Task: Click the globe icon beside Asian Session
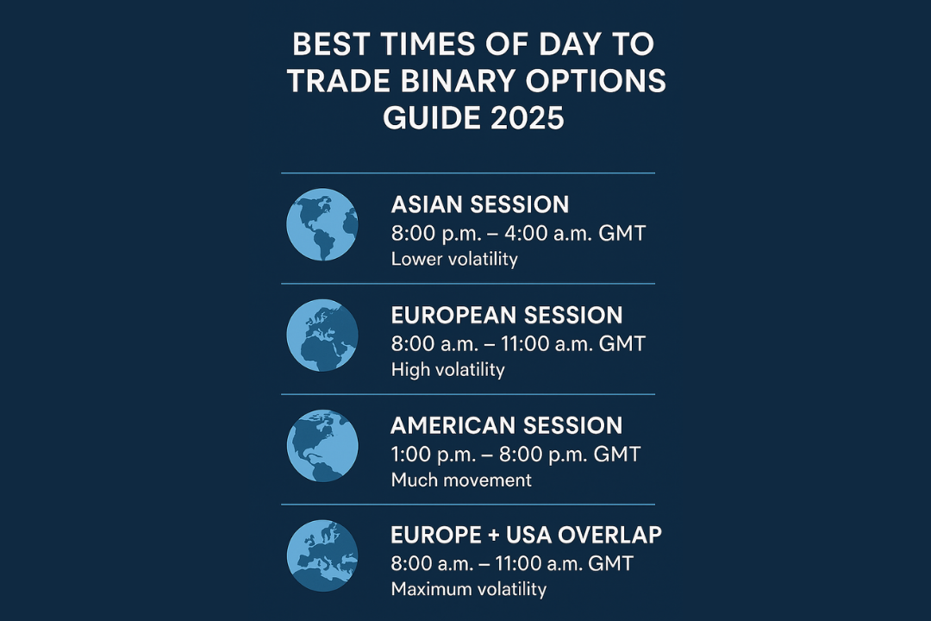(322, 224)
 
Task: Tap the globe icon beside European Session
(322, 336)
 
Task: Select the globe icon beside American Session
(322, 446)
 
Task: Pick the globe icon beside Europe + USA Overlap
(322, 555)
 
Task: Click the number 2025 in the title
(528, 117)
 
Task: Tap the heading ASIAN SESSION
(480, 205)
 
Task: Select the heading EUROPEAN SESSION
(507, 316)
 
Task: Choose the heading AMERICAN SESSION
(507, 426)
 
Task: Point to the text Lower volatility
(454, 260)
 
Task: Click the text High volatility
(447, 370)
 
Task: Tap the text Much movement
(461, 480)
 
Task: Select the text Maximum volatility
(468, 589)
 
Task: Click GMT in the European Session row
(622, 344)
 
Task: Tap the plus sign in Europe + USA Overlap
(493, 536)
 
